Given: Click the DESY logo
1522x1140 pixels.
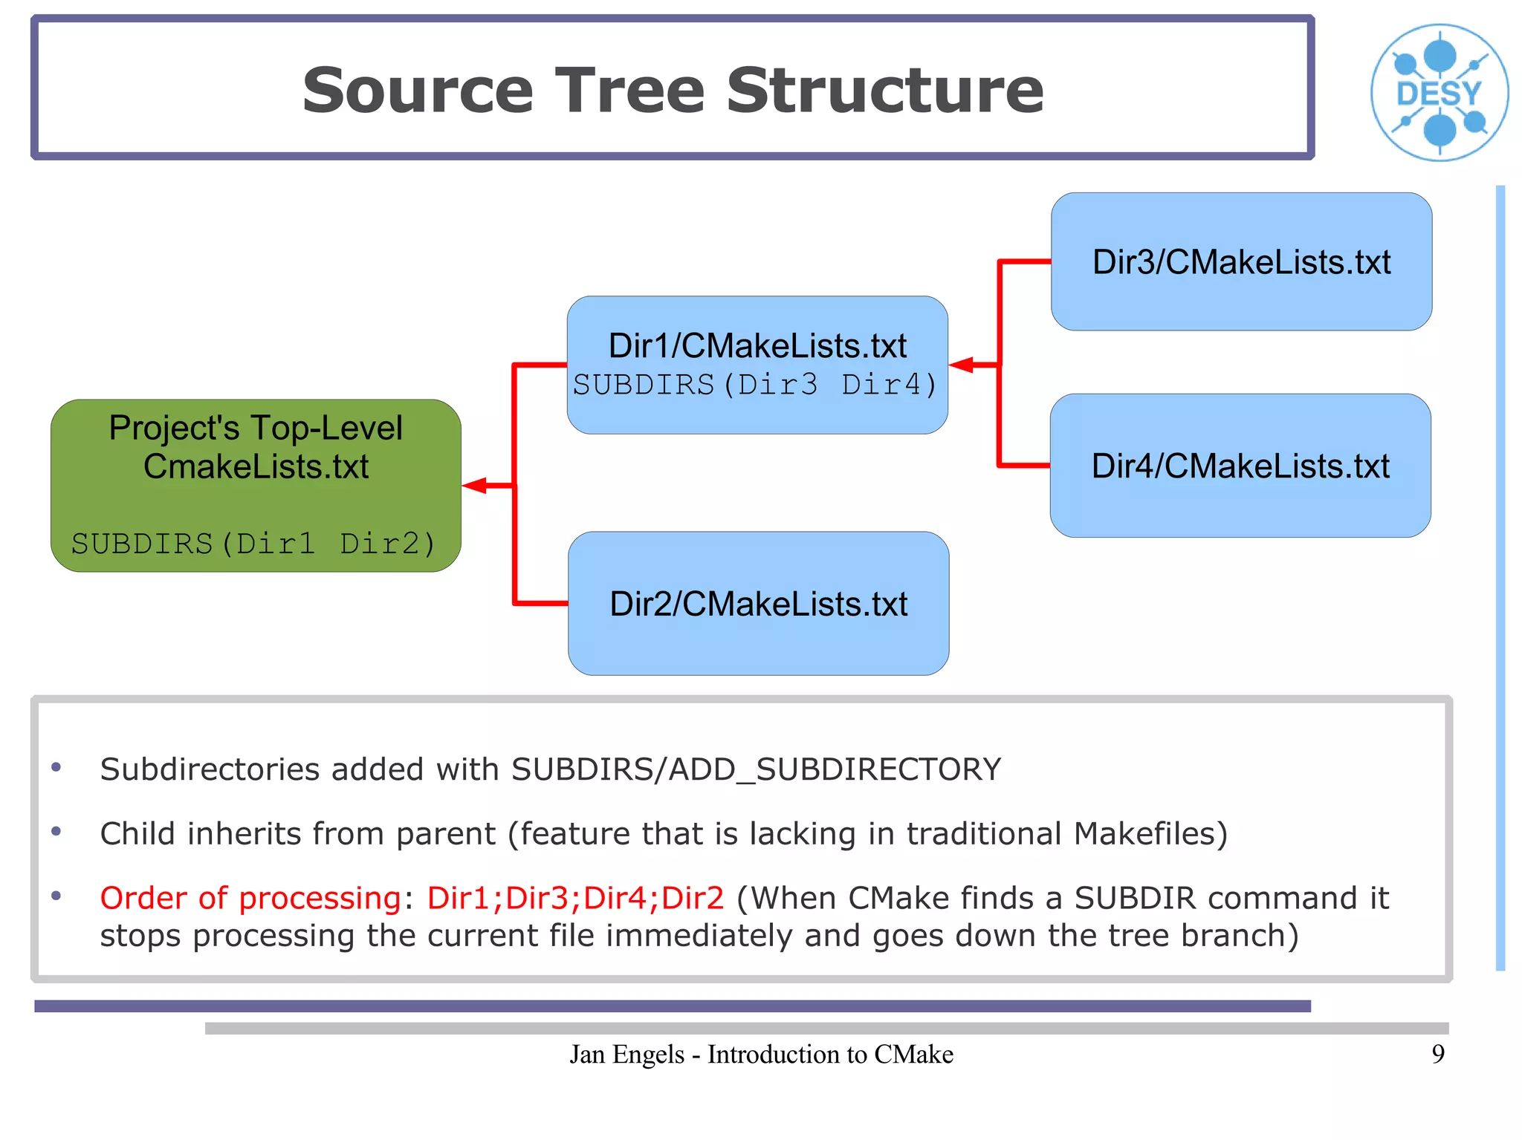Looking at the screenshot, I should coord(1439,92).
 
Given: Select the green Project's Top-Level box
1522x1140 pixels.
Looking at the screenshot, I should coord(256,485).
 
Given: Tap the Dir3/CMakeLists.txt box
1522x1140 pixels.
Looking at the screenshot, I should coord(1241,261).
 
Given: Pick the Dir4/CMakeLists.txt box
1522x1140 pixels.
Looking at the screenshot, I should coord(1240,466).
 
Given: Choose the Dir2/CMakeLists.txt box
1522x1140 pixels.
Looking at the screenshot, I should coord(758,603).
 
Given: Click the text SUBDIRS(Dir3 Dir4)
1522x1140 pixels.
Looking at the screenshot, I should coord(755,385).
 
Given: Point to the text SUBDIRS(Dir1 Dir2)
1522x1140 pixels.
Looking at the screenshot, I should coord(253,544).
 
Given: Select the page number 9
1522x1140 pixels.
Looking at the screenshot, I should coord(1438,1054).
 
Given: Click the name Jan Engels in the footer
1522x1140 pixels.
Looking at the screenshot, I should coord(626,1054).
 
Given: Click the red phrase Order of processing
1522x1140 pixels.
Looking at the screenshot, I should coord(250,898).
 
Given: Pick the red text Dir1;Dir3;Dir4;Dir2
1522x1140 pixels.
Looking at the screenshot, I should coord(575,898).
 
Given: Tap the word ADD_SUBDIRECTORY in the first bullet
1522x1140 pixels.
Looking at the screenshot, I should coord(835,769).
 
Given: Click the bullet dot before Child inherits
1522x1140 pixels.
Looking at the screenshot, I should coord(56,832).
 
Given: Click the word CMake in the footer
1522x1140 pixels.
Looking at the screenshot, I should coord(913,1054).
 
